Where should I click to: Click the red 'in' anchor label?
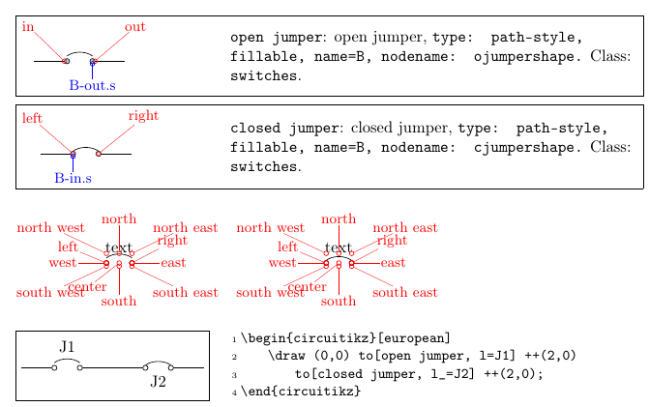coord(28,26)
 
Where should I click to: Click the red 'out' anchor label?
coord(135,26)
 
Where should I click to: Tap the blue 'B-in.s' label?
coord(74,179)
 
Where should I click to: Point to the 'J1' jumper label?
coord(67,346)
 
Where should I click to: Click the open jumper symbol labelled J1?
coord(67,365)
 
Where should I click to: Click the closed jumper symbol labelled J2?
coord(159,365)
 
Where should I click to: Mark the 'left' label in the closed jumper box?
coord(32,119)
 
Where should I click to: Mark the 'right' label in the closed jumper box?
coord(143,116)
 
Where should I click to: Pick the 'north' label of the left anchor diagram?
coord(119,219)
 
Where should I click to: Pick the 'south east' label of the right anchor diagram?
coord(404,293)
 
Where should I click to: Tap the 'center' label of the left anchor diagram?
coord(87,287)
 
